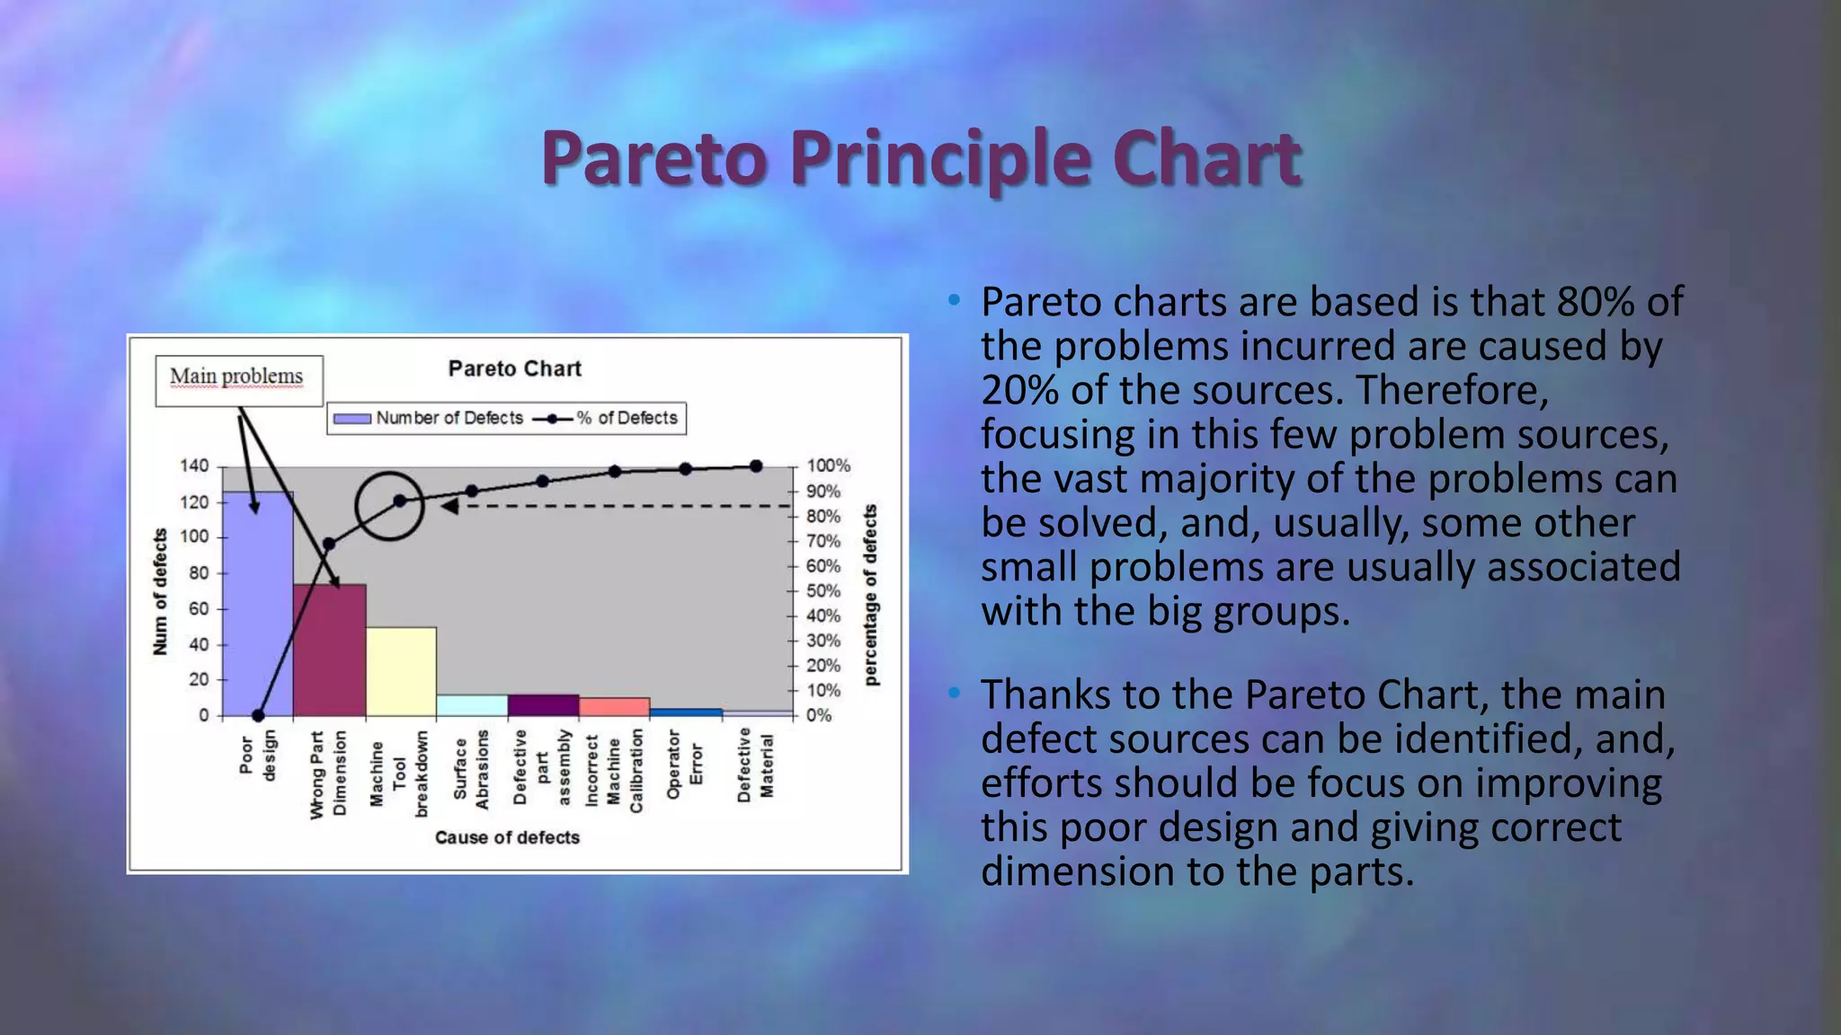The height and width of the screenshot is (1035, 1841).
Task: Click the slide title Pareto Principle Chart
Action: pyautogui.click(x=920, y=158)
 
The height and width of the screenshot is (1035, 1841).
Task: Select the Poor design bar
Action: pyautogui.click(x=258, y=611)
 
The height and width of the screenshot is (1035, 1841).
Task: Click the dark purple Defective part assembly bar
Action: pyautogui.click(x=542, y=705)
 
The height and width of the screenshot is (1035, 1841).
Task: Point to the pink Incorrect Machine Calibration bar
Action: pyautogui.click(x=614, y=707)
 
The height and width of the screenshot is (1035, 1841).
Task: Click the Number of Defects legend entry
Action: pyautogui.click(x=428, y=419)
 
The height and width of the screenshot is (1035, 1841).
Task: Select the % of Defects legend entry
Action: pyautogui.click(x=607, y=419)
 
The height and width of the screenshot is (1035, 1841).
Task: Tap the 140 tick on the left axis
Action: pyautogui.click(x=194, y=466)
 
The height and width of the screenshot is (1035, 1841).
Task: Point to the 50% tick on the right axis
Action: pyautogui.click(x=823, y=591)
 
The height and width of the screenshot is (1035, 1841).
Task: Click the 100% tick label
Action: pyautogui.click(x=828, y=466)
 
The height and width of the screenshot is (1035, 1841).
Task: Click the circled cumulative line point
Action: pyautogui.click(x=399, y=501)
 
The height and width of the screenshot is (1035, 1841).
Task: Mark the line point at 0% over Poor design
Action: pyautogui.click(x=258, y=716)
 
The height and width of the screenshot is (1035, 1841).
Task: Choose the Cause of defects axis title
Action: pyautogui.click(x=507, y=837)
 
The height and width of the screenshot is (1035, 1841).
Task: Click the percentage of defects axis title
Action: pyautogui.click(x=870, y=595)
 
